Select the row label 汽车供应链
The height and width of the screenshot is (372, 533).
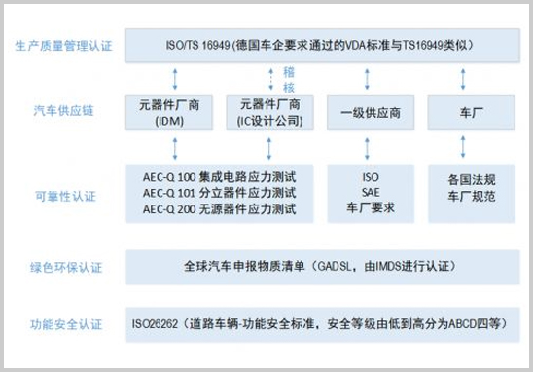(64, 112)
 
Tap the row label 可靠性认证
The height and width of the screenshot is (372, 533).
(64, 196)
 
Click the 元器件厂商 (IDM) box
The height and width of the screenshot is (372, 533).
(175, 112)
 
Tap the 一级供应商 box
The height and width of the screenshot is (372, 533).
(369, 112)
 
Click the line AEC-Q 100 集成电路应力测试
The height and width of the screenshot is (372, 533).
(218, 176)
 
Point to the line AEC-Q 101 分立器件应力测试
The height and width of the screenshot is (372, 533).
(218, 192)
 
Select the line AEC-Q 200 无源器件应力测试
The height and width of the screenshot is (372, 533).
(218, 207)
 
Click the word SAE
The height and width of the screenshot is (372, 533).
(369, 193)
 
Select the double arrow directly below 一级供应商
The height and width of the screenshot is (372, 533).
(370, 147)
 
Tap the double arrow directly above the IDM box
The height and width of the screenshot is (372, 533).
(176, 78)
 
